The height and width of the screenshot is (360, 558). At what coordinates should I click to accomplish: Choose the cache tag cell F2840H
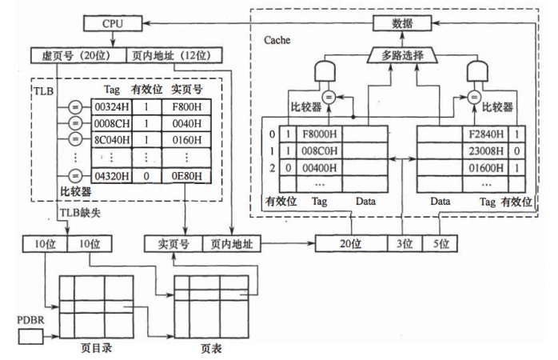click(484, 135)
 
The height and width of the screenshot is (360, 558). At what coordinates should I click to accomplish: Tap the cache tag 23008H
click(484, 150)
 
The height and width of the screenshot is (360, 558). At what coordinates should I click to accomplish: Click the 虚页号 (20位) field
click(78, 56)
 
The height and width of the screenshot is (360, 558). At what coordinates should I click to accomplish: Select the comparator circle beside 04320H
click(74, 175)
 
